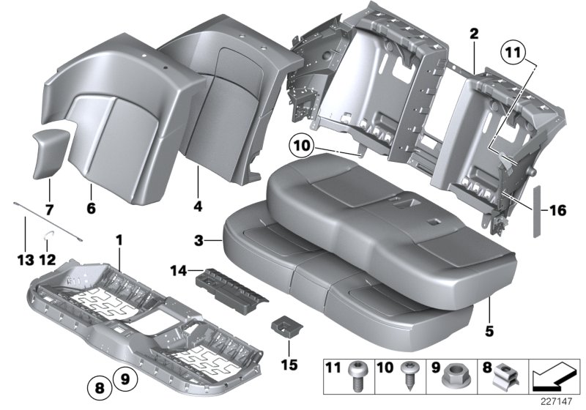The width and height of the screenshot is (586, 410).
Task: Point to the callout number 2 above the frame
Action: coord(474,34)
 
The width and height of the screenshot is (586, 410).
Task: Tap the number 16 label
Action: coord(557,211)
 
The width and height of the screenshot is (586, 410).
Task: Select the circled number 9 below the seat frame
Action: coord(124,378)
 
